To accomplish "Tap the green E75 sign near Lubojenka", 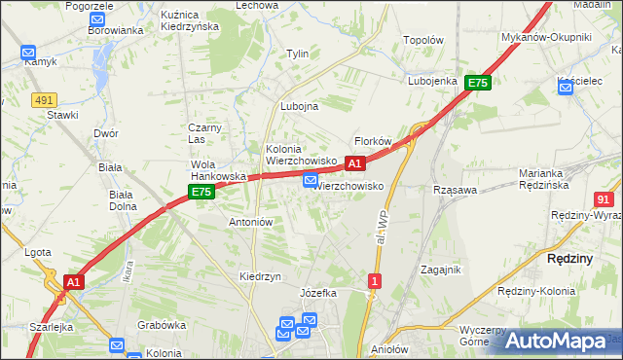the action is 477,84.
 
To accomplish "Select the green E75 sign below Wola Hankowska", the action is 202,193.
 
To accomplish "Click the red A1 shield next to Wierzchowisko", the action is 355,163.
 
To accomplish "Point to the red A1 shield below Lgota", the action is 72,282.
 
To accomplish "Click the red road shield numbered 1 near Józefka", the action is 375,281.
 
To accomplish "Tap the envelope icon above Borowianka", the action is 97,18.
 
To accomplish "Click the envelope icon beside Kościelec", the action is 567,88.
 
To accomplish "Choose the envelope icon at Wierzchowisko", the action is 310,180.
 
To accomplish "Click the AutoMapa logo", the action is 555,341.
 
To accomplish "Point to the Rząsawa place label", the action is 455,191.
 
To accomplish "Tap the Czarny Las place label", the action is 206,133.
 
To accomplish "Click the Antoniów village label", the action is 250,222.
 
